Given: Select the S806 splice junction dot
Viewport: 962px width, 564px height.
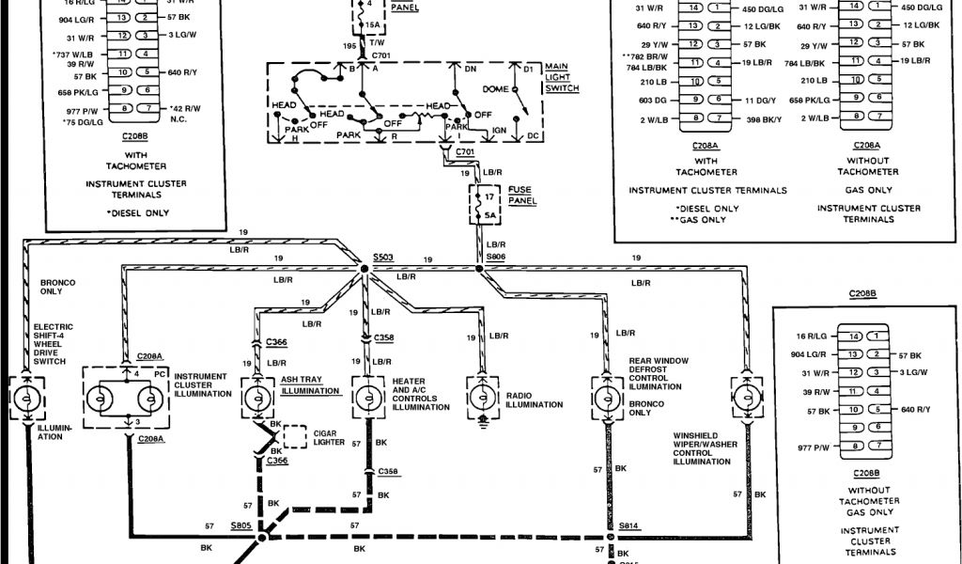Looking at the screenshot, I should coord(479,270).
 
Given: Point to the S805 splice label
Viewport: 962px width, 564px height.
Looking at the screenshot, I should coord(241,527).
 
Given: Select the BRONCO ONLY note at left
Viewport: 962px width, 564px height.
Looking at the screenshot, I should coord(57,288).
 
